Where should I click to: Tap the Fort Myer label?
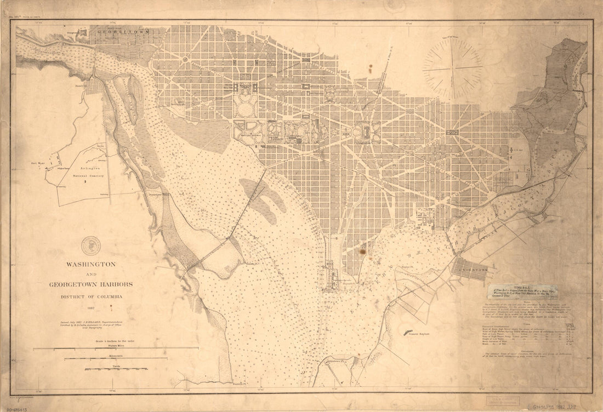tap(37, 163)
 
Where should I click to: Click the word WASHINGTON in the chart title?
tap(91, 264)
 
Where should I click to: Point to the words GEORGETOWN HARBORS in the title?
tap(90, 285)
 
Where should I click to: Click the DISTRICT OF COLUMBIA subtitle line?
tap(91, 296)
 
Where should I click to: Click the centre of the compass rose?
tap(452, 68)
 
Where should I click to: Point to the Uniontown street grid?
tap(469, 269)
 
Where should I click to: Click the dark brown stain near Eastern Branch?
tap(362, 251)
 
